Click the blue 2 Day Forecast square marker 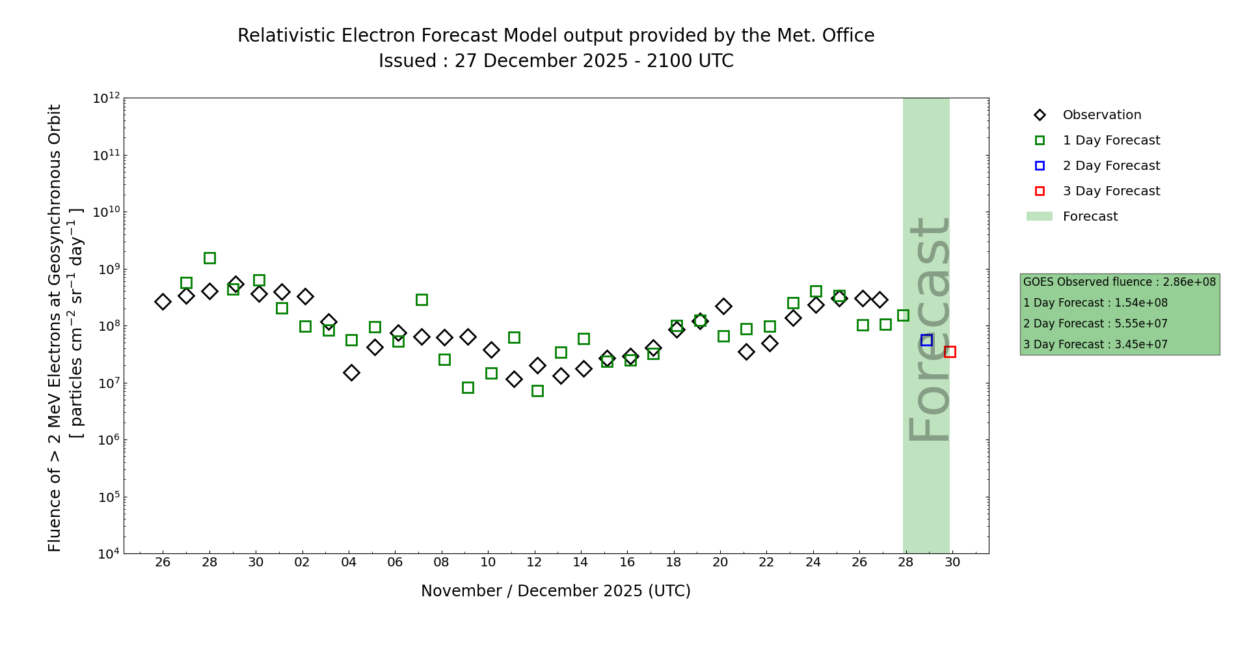[x=926, y=340]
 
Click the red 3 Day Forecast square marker [x=950, y=352]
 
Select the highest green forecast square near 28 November [x=209, y=258]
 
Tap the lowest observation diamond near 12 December [x=514, y=379]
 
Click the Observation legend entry [x=1101, y=115]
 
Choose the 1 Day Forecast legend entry [x=1111, y=141]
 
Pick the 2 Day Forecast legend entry [x=1111, y=166]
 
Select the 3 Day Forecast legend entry [x=1111, y=191]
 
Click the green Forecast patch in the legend [x=1039, y=216]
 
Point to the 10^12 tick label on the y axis [x=106, y=98]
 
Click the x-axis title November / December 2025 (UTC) [x=556, y=591]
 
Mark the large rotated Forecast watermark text [x=929, y=329]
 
